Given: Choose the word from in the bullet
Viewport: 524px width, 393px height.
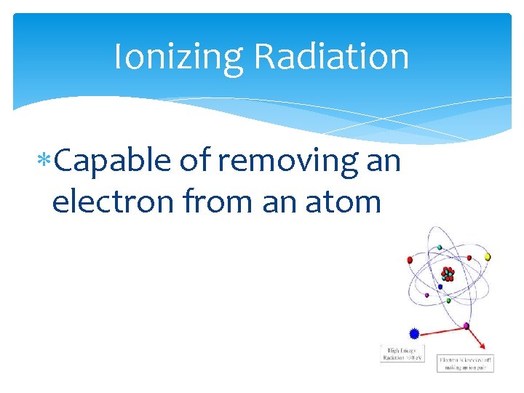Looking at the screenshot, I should (215, 201).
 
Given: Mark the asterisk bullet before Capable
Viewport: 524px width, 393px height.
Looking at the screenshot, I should (46, 160).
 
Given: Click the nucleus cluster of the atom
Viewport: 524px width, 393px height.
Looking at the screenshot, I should (448, 274).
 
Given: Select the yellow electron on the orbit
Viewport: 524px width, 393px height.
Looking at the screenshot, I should (488, 257).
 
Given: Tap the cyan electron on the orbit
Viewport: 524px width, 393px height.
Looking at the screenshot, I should (439, 247).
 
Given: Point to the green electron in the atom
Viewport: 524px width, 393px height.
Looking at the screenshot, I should (449, 300).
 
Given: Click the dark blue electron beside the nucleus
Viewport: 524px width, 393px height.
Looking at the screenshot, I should (440, 287).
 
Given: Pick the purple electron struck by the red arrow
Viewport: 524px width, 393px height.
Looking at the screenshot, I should (467, 325).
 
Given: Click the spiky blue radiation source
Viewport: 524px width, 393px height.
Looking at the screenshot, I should (414, 333).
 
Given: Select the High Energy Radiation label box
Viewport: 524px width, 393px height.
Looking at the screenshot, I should (402, 353).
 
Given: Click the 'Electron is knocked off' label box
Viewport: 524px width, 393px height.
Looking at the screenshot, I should (465, 363).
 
